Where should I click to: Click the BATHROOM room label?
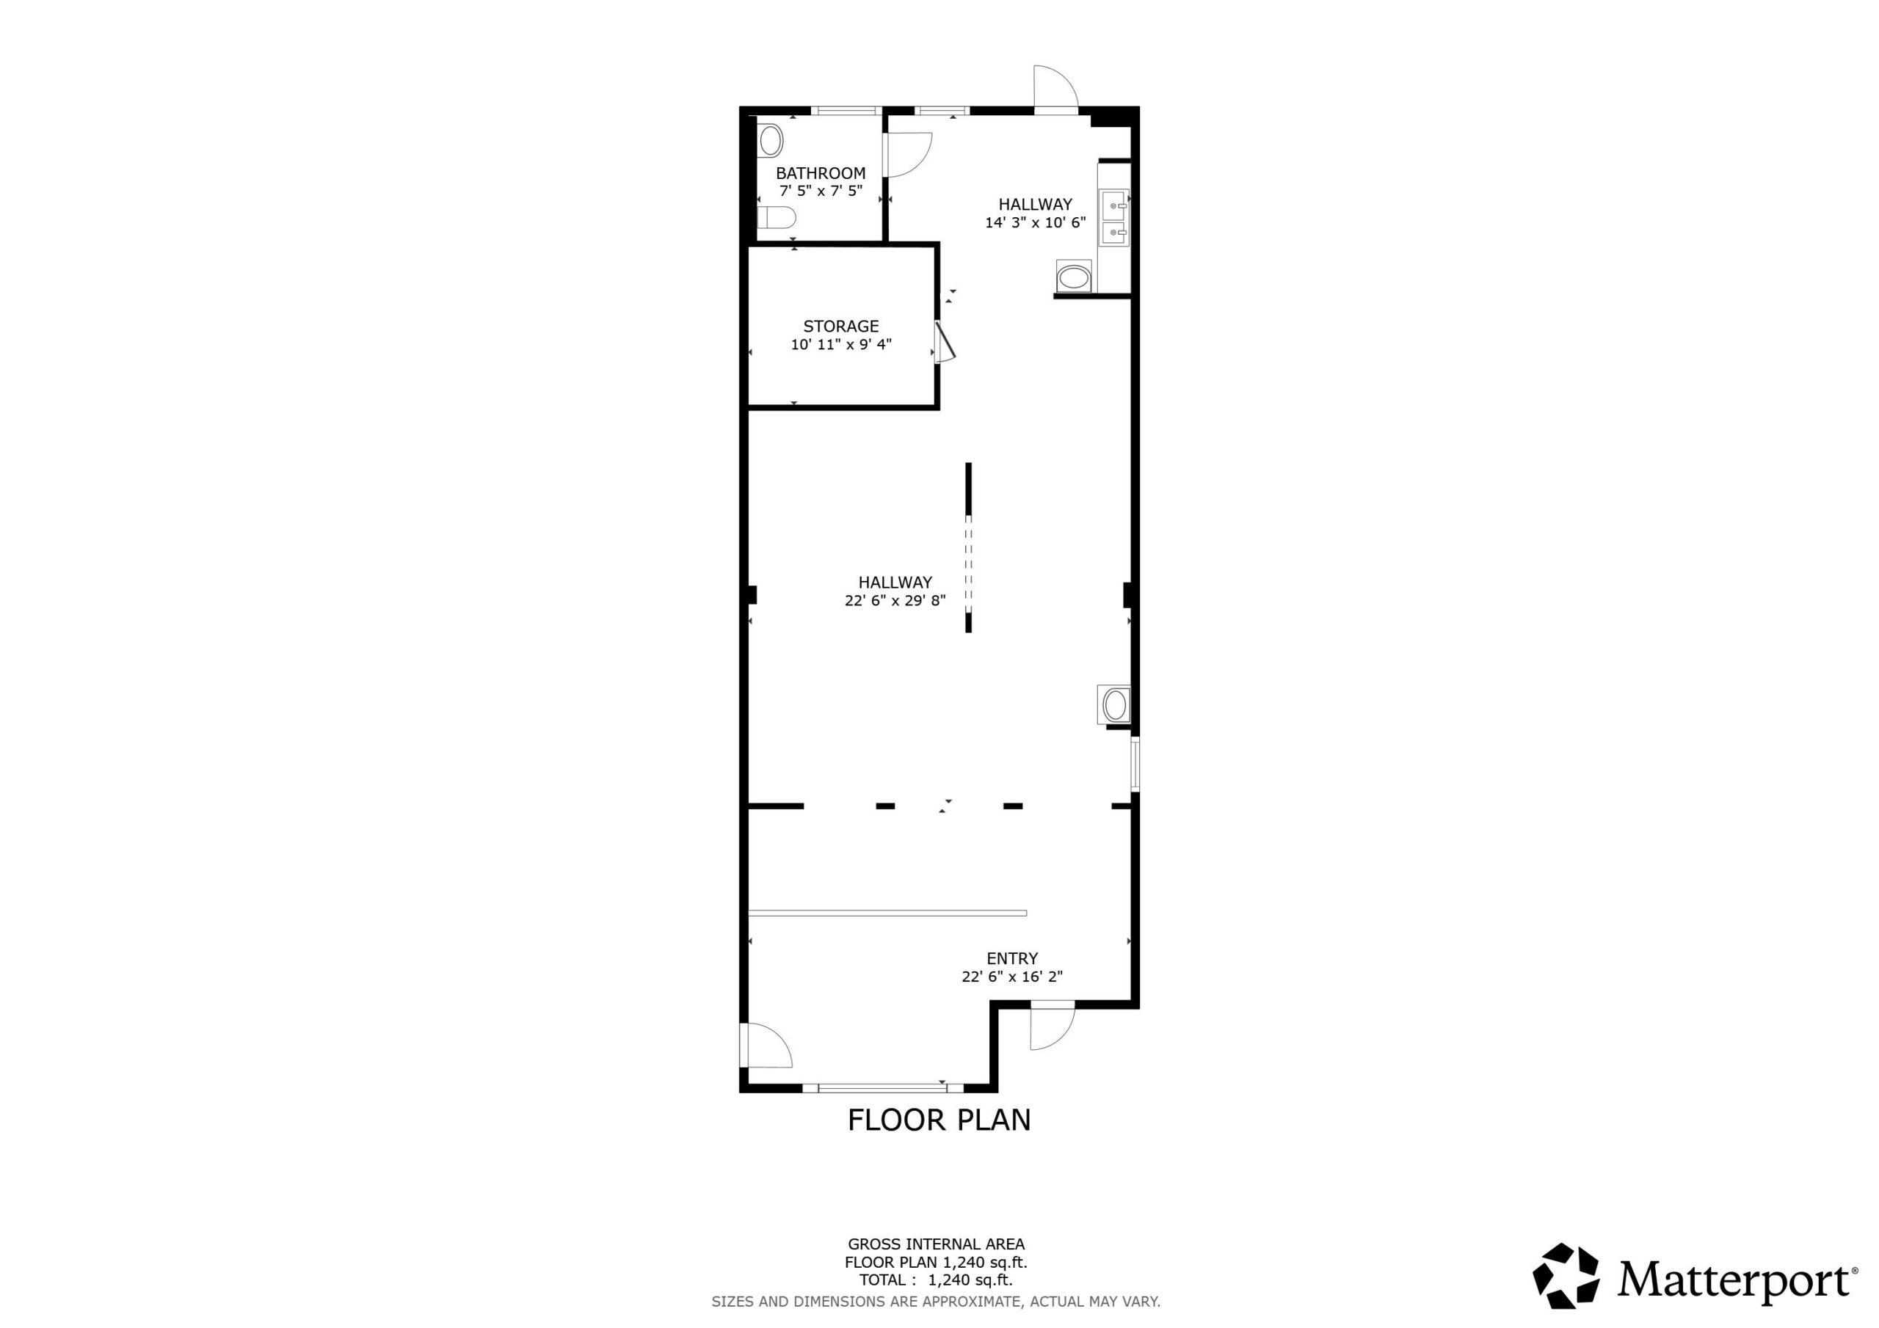coord(820,173)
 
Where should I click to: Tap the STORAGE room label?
coord(840,326)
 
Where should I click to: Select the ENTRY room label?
coord(1011,958)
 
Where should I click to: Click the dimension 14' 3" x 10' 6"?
coord(1035,222)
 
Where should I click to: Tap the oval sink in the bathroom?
coord(771,142)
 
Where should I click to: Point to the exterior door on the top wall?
coord(1055,88)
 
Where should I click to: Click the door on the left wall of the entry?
coord(766,1045)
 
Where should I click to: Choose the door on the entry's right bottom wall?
coord(1052,1025)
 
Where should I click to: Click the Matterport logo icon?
coord(1566,1276)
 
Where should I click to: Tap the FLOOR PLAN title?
coord(939,1120)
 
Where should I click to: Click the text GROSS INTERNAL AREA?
coord(937,1244)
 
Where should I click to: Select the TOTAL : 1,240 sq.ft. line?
coord(937,1280)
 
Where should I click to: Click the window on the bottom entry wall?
coord(883,1088)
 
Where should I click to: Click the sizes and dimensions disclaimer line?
coord(937,1301)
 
